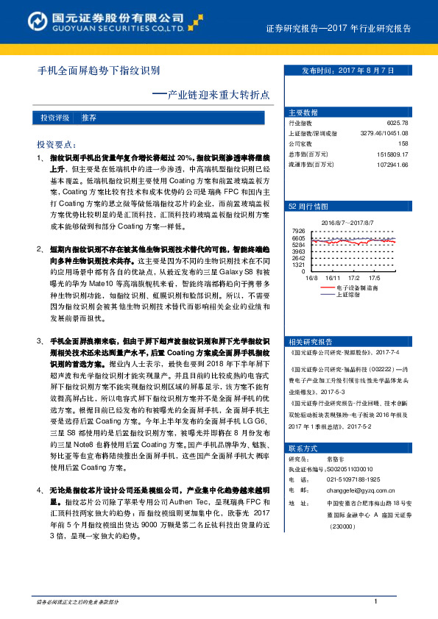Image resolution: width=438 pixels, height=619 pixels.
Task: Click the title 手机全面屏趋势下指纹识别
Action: pos(99,72)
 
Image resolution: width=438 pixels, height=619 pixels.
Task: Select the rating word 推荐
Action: pos(90,118)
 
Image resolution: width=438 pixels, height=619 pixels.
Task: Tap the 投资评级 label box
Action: pos(55,118)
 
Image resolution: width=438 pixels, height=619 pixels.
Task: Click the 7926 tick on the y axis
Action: pos(298,231)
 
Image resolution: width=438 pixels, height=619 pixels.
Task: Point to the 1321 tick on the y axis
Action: pos(298,265)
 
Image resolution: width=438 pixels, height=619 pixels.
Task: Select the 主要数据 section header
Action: pos(303,112)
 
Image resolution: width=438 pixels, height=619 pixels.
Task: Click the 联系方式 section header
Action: pos(303,448)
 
